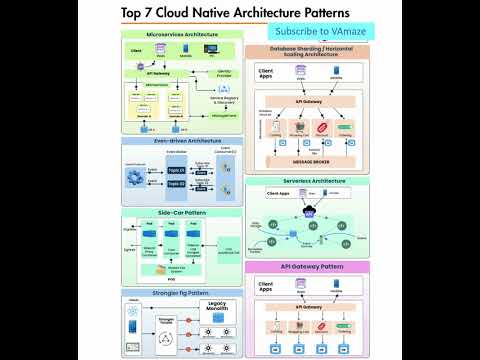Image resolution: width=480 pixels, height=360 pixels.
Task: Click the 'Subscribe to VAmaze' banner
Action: tap(320, 32)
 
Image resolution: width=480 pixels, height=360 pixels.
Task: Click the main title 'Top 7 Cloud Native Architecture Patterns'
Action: tap(235, 13)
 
